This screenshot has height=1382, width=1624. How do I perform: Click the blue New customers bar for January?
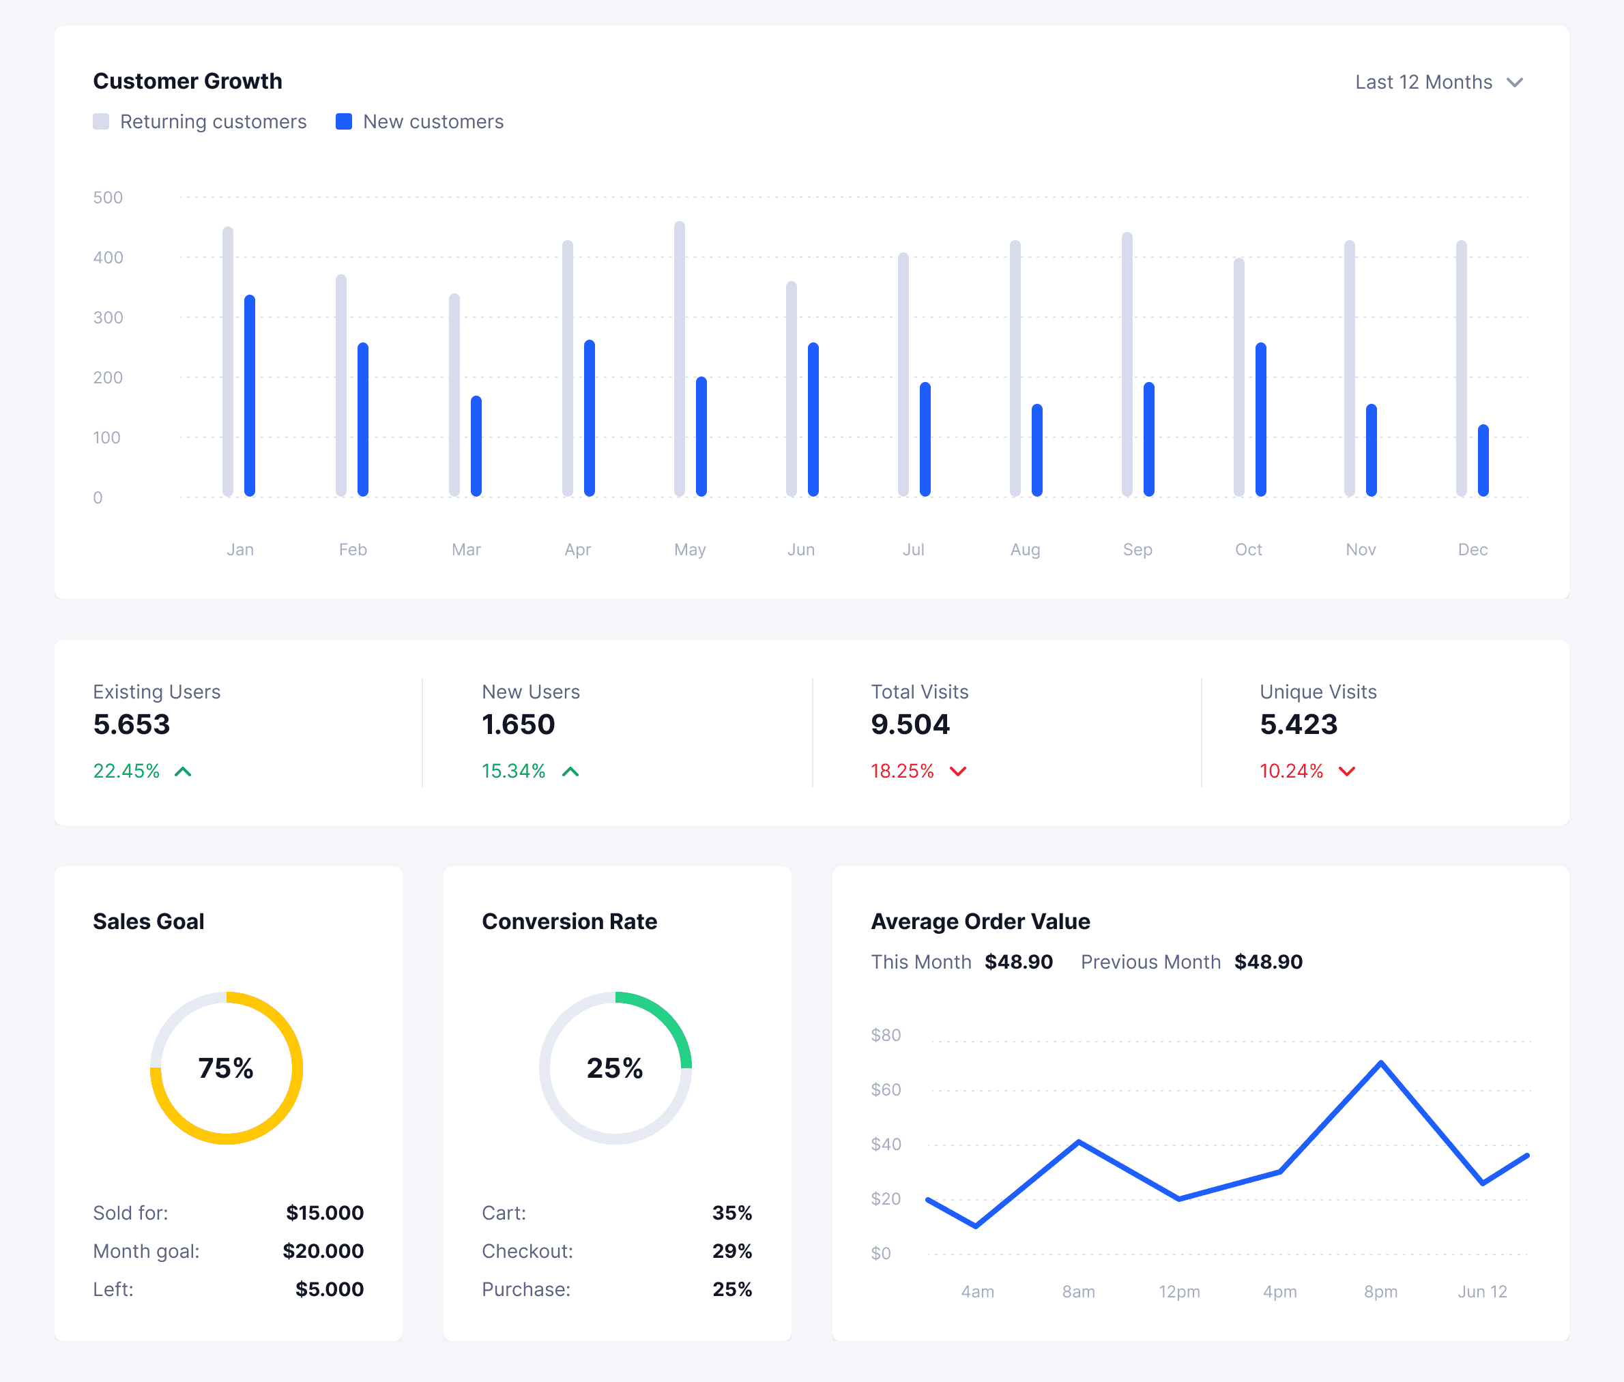[249, 396]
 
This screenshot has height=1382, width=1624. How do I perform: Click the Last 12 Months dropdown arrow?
[1514, 83]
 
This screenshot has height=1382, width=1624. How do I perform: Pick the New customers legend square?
[343, 121]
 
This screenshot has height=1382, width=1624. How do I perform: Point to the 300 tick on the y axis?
[108, 317]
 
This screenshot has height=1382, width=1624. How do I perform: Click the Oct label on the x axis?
[1248, 549]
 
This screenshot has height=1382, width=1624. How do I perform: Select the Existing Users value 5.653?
[131, 724]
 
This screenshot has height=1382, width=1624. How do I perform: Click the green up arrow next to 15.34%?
[570, 771]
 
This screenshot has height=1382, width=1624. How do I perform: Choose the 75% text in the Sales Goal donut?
[226, 1068]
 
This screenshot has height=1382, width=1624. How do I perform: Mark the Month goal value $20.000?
[323, 1251]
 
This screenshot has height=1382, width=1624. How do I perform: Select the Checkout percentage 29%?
[731, 1251]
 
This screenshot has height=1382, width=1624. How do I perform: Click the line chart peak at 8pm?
[1380, 1063]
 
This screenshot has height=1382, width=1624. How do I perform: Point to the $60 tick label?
[886, 1090]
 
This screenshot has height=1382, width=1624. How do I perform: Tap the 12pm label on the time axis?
[1179, 1292]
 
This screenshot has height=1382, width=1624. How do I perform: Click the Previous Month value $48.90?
[1268, 962]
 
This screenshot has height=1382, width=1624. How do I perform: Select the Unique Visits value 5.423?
[1298, 724]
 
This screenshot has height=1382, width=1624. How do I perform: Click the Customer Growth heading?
[188, 81]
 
